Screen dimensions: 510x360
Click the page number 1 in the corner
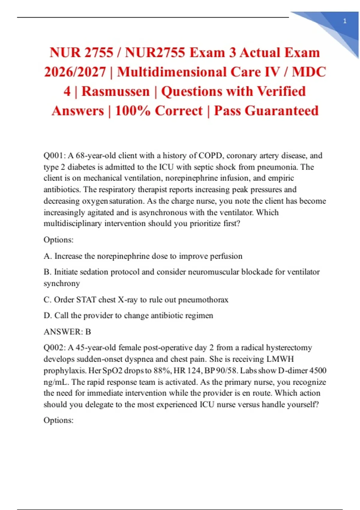(x=345, y=21)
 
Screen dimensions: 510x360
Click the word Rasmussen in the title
(x=115, y=91)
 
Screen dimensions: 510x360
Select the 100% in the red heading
(x=133, y=111)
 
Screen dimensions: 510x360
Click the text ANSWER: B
(x=67, y=332)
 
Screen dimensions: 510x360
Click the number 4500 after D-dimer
(x=318, y=370)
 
